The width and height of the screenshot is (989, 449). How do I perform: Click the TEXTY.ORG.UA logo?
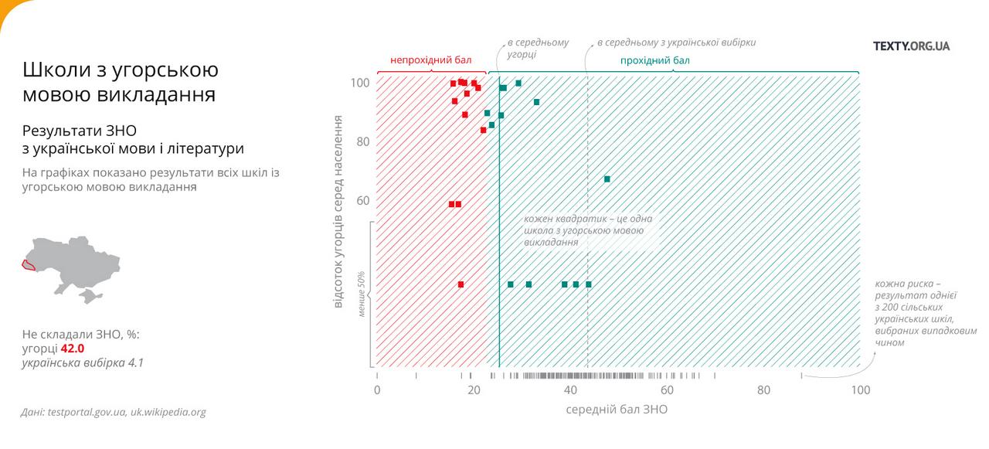911,46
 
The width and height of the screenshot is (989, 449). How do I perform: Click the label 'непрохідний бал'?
430,60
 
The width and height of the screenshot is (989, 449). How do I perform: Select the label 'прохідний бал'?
654,60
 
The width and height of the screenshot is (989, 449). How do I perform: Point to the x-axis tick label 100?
860,390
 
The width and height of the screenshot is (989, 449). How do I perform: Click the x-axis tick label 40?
570,390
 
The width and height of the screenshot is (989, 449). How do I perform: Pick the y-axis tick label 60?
362,201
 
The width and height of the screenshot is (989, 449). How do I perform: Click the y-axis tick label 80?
362,142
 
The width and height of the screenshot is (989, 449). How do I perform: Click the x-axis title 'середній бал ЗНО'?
617,410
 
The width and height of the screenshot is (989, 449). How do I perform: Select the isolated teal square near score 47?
607,179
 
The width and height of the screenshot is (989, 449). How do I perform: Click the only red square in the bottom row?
461,284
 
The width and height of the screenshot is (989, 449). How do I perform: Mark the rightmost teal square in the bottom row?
589,284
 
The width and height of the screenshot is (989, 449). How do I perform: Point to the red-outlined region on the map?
29,265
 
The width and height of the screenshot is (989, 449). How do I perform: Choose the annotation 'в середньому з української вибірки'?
676,43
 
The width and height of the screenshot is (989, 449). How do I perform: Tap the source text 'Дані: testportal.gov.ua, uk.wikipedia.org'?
114,412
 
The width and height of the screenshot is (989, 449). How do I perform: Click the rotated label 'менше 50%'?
362,294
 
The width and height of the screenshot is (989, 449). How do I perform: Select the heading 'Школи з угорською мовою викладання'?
120,82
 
